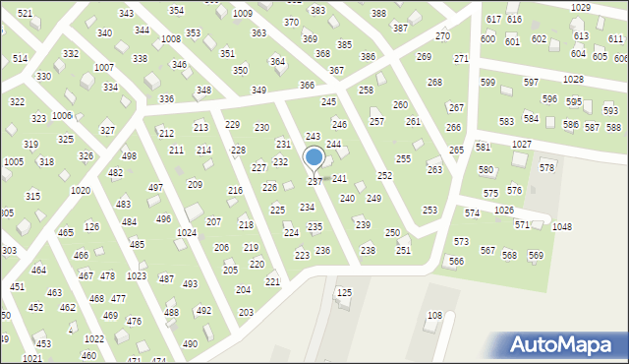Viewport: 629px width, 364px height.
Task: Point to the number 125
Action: pyautogui.click(x=344, y=293)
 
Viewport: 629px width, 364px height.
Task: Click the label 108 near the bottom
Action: pyautogui.click(x=434, y=316)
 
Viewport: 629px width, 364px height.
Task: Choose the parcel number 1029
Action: pyautogui.click(x=580, y=7)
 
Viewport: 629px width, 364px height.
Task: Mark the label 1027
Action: pyautogui.click(x=522, y=144)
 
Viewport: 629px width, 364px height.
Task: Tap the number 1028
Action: pyautogui.click(x=573, y=78)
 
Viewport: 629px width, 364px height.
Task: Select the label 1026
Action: pyautogui.click(x=504, y=211)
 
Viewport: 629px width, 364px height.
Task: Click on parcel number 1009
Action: pyautogui.click(x=242, y=13)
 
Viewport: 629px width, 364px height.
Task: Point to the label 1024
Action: pyautogui.click(x=186, y=233)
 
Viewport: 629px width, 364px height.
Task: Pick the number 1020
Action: pyautogui.click(x=81, y=190)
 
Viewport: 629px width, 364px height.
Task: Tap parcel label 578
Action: pyautogui.click(x=547, y=168)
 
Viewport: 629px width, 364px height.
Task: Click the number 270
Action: pyautogui.click(x=442, y=36)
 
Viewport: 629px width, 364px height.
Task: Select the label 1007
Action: pyautogui.click(x=103, y=67)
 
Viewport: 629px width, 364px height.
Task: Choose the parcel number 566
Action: pyautogui.click(x=456, y=261)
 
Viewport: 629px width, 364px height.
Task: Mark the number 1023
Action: pyautogui.click(x=137, y=275)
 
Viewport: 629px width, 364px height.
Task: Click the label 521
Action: pyautogui.click(x=25, y=13)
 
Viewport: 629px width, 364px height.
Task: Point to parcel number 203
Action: pyautogui.click(x=246, y=312)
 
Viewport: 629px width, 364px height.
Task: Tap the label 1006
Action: pyautogui.click(x=62, y=115)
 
